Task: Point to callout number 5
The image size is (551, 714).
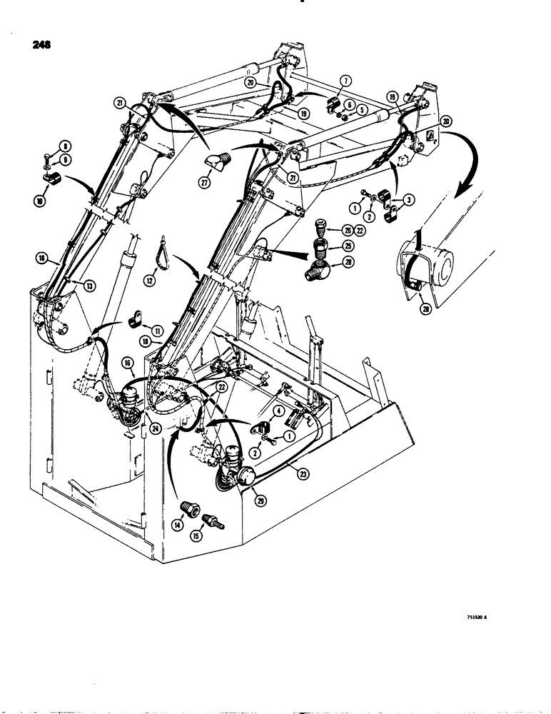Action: [x=362, y=110]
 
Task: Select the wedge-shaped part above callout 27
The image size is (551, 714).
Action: [x=217, y=163]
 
